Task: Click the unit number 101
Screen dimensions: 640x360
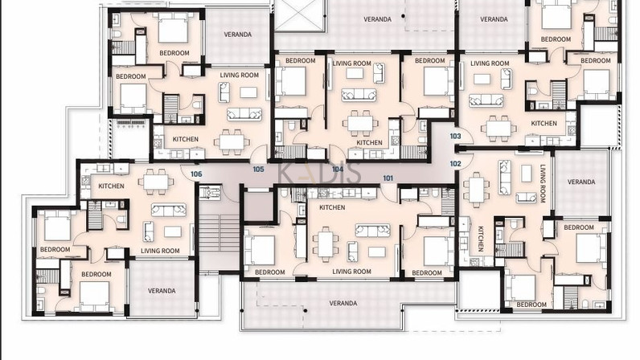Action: pyautogui.click(x=388, y=178)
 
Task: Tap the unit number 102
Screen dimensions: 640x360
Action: pyautogui.click(x=456, y=164)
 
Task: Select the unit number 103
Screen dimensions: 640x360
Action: pyautogui.click(x=456, y=137)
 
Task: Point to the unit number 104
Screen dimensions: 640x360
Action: pyautogui.click(x=338, y=169)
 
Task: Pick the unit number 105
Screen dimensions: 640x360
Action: pyautogui.click(x=258, y=169)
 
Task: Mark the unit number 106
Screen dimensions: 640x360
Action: pyautogui.click(x=196, y=174)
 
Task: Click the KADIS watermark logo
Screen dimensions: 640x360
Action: pyautogui.click(x=319, y=173)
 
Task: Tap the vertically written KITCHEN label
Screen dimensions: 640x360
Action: pyautogui.click(x=481, y=239)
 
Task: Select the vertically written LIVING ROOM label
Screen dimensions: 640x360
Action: pyautogui.click(x=543, y=184)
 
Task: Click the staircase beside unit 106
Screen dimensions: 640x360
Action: pyautogui.click(x=219, y=233)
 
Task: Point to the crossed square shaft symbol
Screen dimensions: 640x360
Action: pyautogui.click(x=300, y=15)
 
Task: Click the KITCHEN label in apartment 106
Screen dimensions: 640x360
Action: pyautogui.click(x=112, y=186)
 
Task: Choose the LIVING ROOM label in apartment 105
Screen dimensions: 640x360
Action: pyautogui.click(x=239, y=75)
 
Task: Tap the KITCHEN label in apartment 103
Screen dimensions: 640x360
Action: pyautogui.click(x=544, y=123)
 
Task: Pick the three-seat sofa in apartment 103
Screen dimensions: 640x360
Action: pyautogui.click(x=486, y=100)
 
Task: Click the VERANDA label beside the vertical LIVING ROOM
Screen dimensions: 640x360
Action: pyautogui.click(x=581, y=182)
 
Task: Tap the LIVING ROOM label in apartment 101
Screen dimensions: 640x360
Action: pyautogui.click(x=352, y=272)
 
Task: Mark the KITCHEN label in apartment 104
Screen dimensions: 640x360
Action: pyautogui.click(x=369, y=142)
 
